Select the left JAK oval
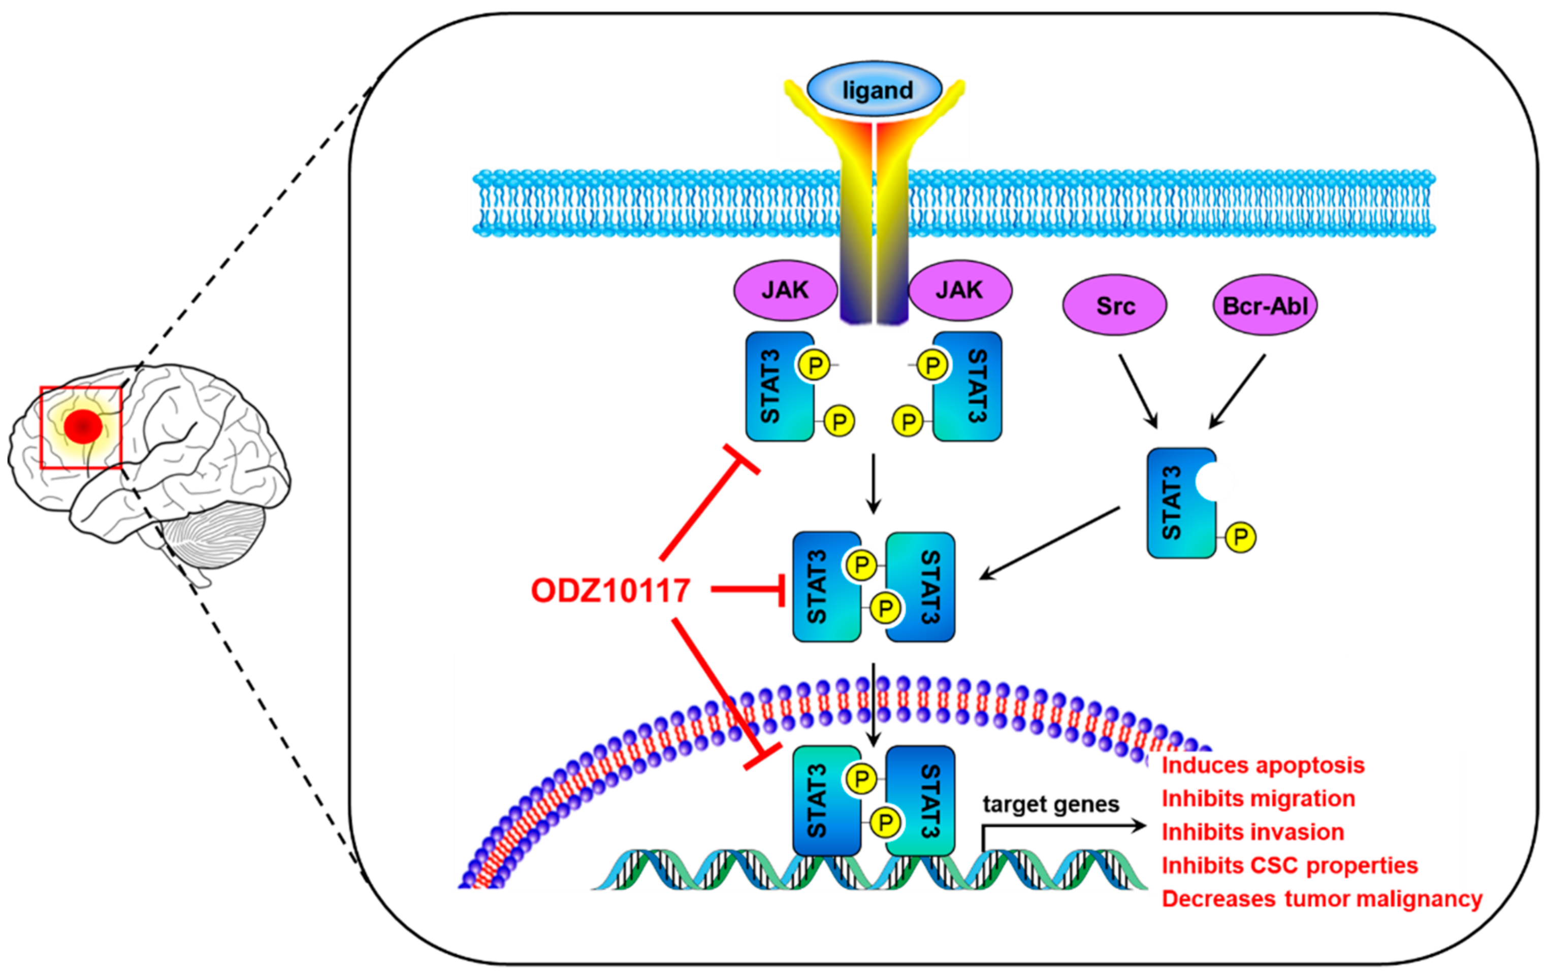(785, 290)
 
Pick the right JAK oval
(959, 290)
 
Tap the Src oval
(1114, 305)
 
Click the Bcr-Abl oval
(1265, 305)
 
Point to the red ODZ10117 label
(610, 590)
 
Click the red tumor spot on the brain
(83, 425)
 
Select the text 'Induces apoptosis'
(1263, 765)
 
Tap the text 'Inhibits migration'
(1258, 799)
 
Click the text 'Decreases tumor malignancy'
(1321, 898)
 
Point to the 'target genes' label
(1050, 804)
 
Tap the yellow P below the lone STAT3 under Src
(1240, 536)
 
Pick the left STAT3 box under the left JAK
(779, 386)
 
